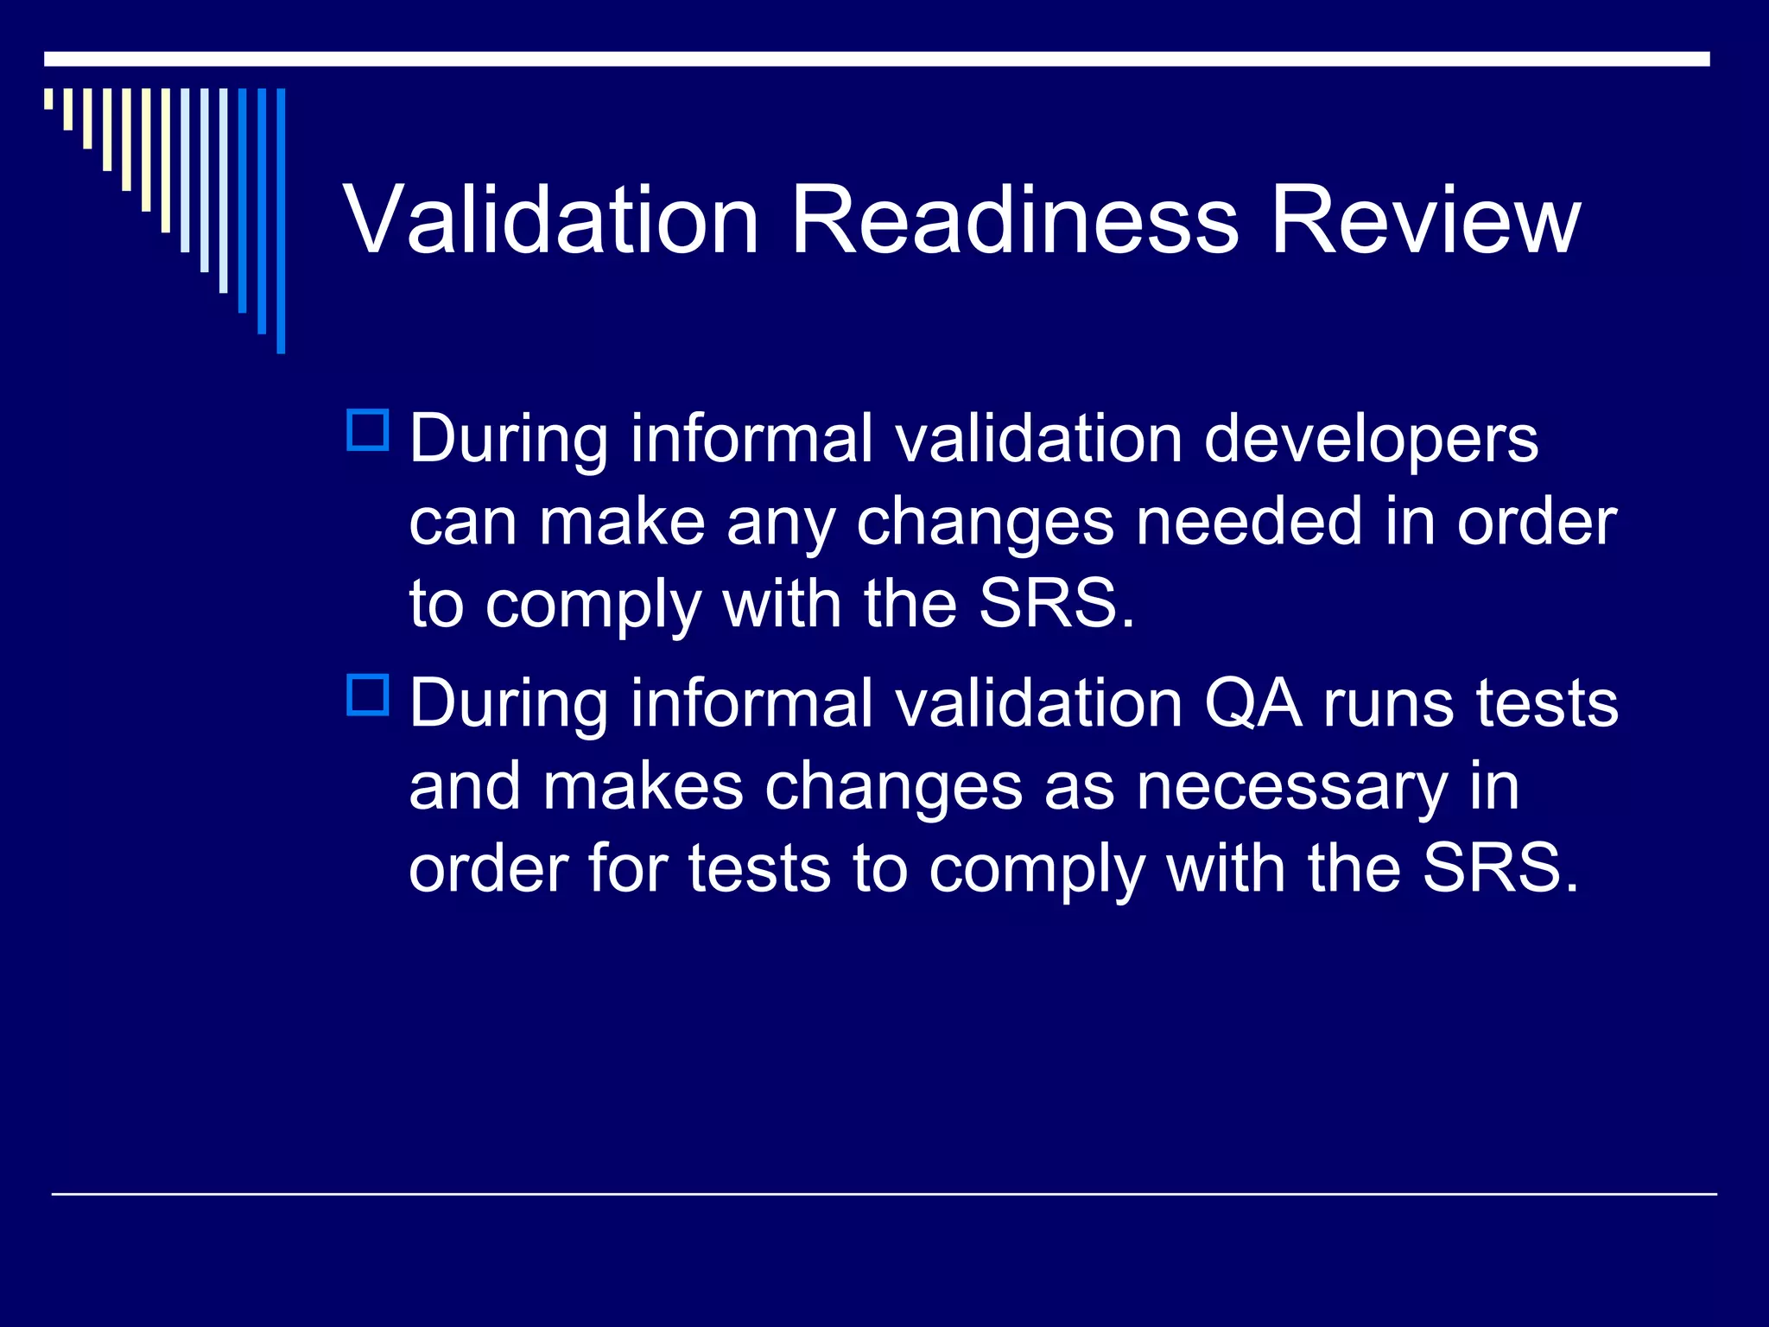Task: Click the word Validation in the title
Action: click(551, 221)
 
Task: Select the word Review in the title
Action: click(1425, 221)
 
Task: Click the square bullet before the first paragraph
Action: click(368, 430)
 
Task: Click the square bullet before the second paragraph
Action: click(368, 695)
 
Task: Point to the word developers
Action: click(1371, 439)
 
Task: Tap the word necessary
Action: click(1291, 788)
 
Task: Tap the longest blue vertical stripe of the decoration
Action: click(281, 220)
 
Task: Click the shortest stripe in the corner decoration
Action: click(48, 98)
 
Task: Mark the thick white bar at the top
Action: click(876, 59)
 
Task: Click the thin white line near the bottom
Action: click(884, 1194)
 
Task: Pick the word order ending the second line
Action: click(1537, 522)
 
